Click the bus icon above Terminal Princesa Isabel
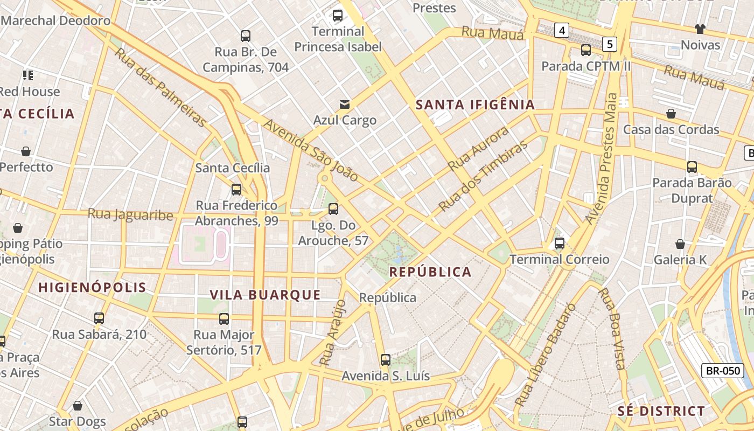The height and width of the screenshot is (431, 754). pyautogui.click(x=338, y=16)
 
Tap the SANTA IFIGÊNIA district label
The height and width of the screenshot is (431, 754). pyautogui.click(x=476, y=105)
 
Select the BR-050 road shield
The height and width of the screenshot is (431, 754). pyautogui.click(x=722, y=371)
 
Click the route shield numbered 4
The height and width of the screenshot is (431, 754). pyautogui.click(x=562, y=30)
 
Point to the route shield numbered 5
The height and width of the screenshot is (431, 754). pyautogui.click(x=609, y=44)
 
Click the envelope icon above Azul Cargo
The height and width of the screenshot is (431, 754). pyautogui.click(x=345, y=104)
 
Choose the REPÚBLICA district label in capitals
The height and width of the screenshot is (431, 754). pyautogui.click(x=430, y=272)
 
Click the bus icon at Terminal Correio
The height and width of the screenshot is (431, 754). pyautogui.click(x=560, y=244)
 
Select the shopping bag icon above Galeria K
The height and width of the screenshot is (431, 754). pyautogui.click(x=680, y=244)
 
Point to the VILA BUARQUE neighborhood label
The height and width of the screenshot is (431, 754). pyautogui.click(x=265, y=295)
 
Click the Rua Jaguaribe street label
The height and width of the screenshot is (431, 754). pyautogui.click(x=130, y=215)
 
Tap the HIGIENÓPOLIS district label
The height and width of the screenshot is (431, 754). pyautogui.click(x=92, y=288)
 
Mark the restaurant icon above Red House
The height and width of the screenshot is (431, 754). pyautogui.click(x=27, y=75)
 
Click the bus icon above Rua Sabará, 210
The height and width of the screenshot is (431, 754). pyautogui.click(x=99, y=318)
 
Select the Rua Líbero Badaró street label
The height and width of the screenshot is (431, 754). pyautogui.click(x=546, y=355)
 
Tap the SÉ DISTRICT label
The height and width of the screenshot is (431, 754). pyautogui.click(x=661, y=411)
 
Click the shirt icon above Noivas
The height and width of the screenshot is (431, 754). pyautogui.click(x=700, y=29)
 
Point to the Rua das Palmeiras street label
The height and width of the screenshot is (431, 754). pyautogui.click(x=160, y=87)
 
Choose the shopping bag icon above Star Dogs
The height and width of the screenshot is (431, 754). pyautogui.click(x=78, y=406)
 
